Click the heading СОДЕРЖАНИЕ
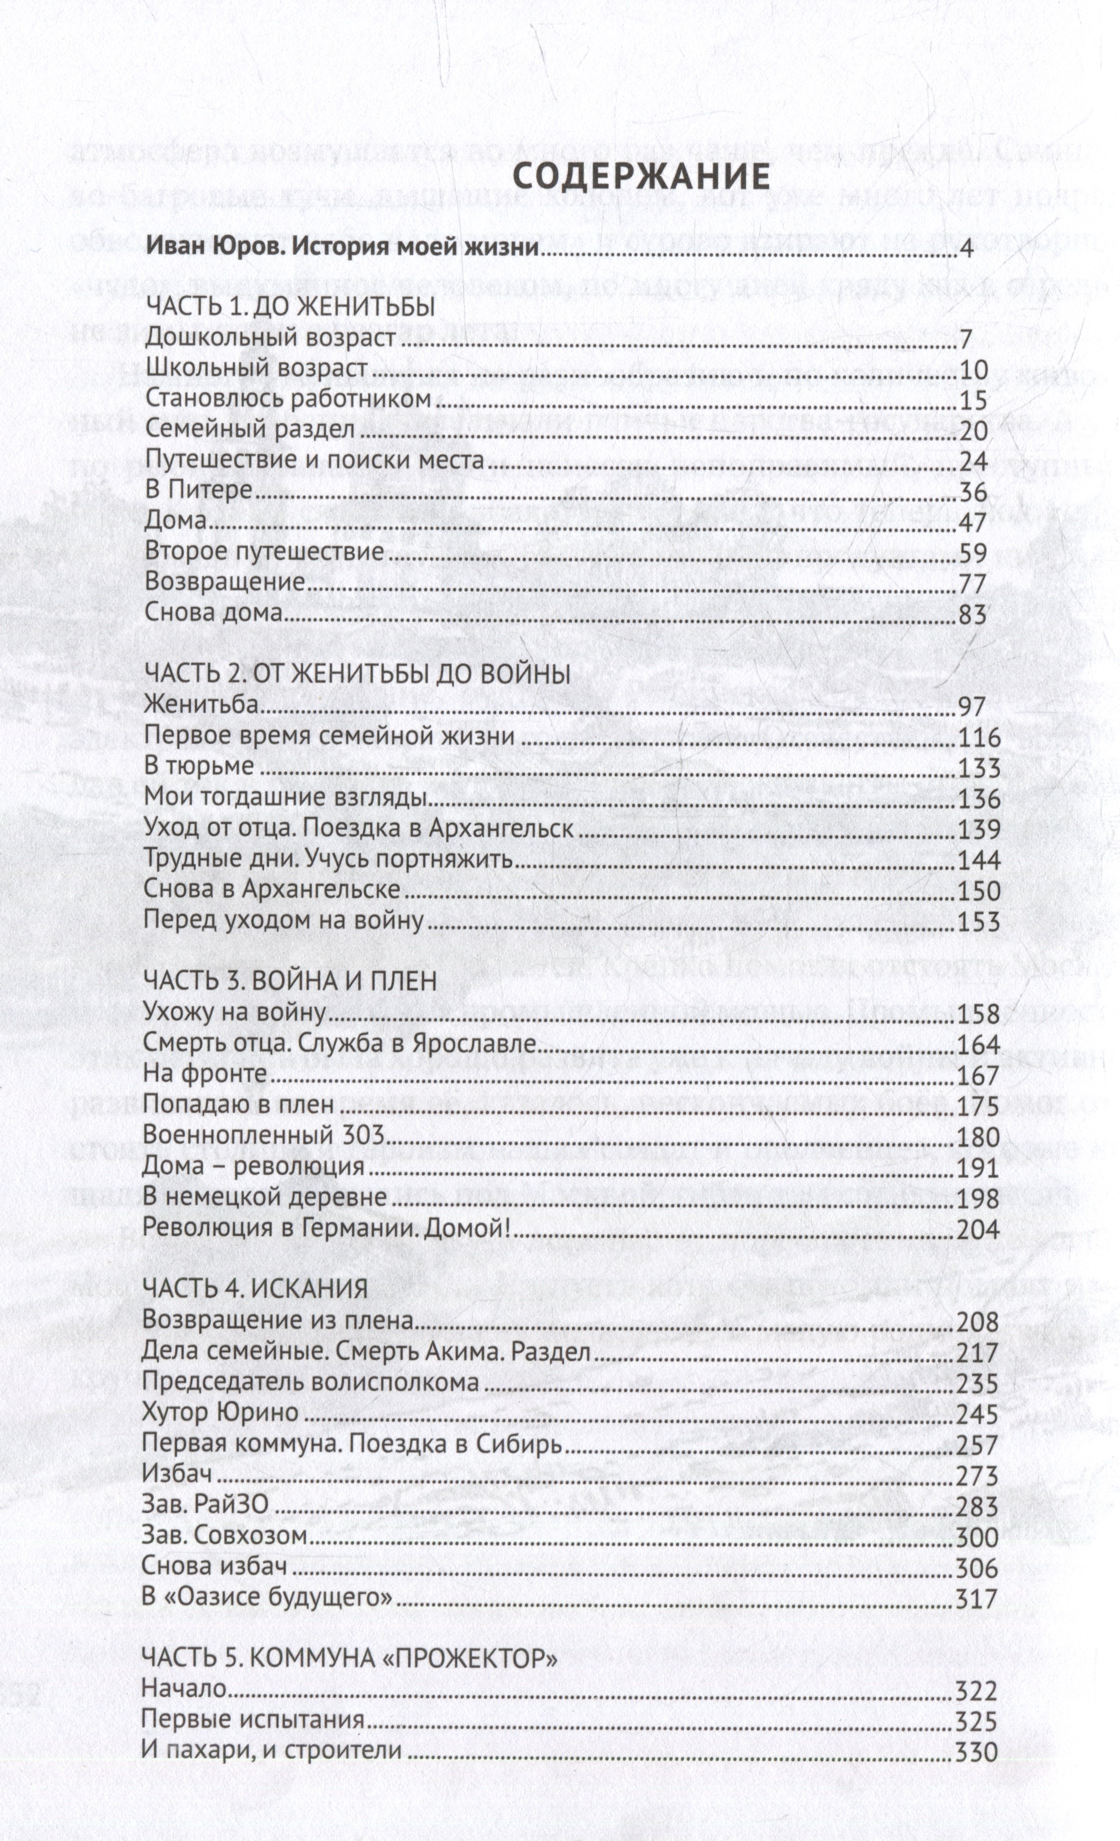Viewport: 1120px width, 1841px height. click(642, 176)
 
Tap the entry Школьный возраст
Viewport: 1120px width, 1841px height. click(256, 369)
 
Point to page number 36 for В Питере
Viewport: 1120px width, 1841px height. click(972, 492)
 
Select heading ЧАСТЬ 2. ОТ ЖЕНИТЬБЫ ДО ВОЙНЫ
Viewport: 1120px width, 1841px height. click(357, 675)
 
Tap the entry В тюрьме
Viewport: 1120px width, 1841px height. click(199, 767)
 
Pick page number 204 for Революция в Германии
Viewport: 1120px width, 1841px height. click(977, 1228)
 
